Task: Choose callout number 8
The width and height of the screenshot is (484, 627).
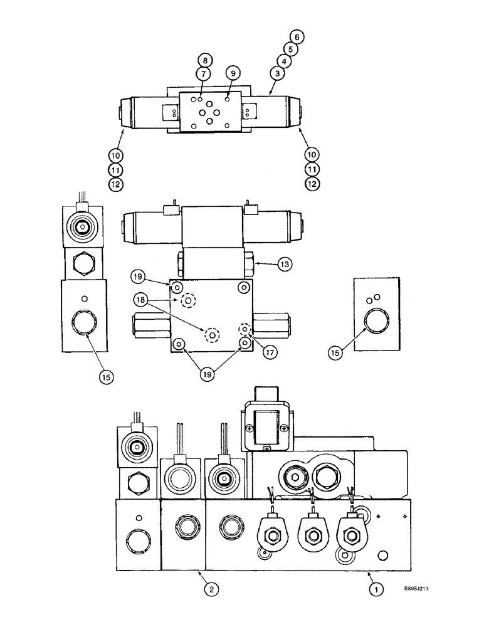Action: pos(204,61)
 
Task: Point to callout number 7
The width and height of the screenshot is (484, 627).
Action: pos(204,73)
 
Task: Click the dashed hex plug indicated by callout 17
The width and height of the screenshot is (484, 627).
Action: pos(245,329)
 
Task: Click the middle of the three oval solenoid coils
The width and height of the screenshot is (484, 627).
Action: pos(311,534)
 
